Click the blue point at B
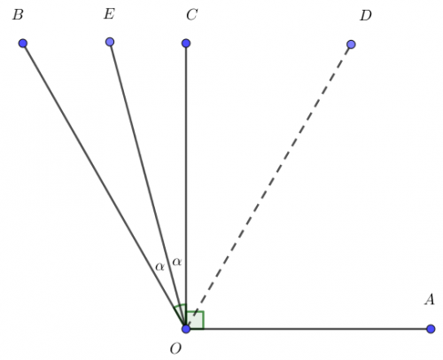[x=23, y=43]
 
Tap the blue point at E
[x=110, y=42]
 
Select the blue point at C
[x=186, y=43]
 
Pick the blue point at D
[x=351, y=44]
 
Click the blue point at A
[x=431, y=329]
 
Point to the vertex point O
[x=186, y=329]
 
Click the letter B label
[x=18, y=15]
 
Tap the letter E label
[x=109, y=14]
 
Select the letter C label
[x=192, y=15]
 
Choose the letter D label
[x=366, y=15]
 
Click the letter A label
[x=430, y=300]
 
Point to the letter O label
[x=175, y=349]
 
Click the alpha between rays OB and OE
[x=159, y=267]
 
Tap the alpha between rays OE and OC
[x=177, y=262]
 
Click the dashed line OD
[x=268, y=186]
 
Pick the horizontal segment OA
[x=308, y=329]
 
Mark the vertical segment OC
[x=186, y=186]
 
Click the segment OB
[x=105, y=186]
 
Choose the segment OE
[x=148, y=185]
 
